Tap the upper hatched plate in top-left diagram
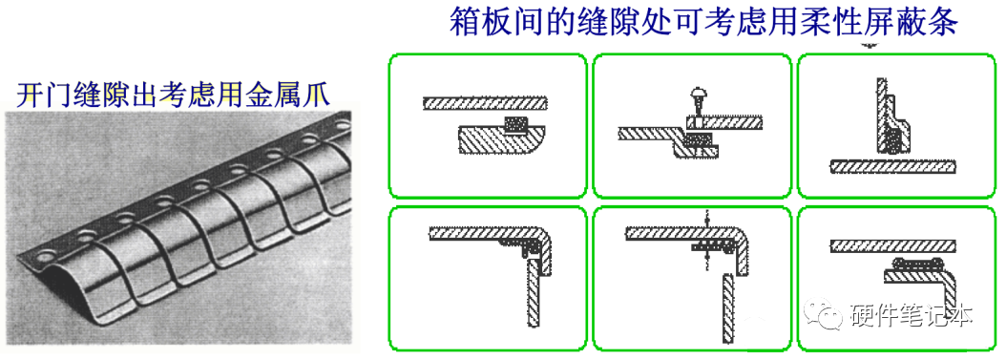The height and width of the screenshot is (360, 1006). tap(485, 103)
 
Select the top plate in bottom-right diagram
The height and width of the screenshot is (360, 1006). tap(892, 245)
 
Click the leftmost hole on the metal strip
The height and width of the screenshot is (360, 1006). tap(45, 256)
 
